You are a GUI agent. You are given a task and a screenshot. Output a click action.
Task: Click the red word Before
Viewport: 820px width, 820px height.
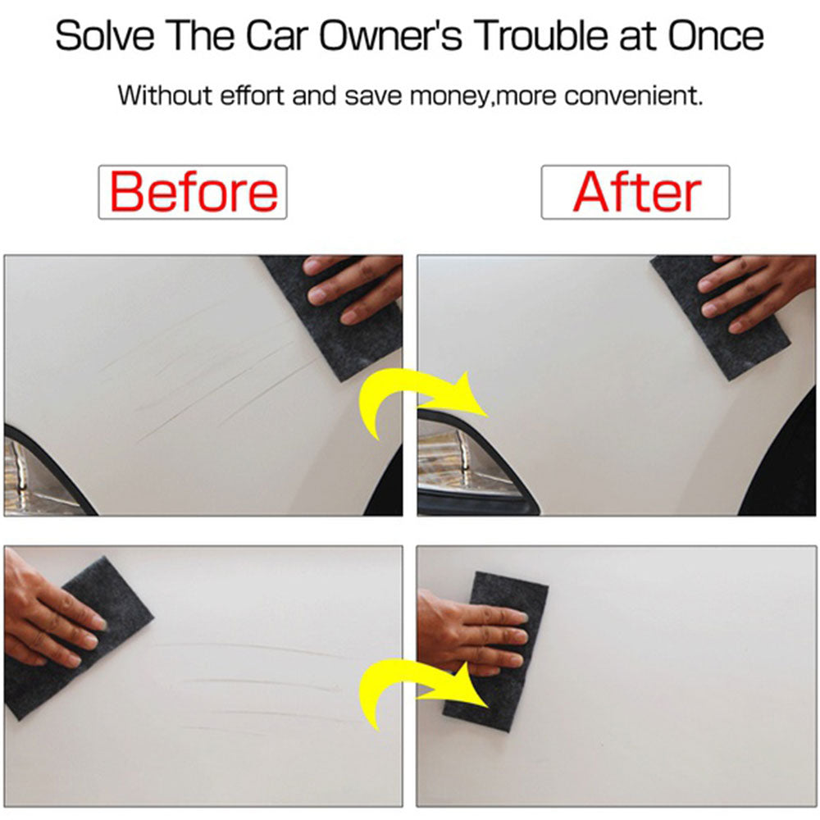click(193, 192)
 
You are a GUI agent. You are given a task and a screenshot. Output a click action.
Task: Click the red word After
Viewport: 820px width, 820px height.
click(635, 192)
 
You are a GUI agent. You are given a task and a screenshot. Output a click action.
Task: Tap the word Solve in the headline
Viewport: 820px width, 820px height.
click(107, 37)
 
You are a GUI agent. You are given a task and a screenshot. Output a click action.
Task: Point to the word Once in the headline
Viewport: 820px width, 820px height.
click(716, 37)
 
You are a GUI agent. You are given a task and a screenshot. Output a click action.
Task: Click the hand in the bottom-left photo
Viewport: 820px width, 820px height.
click(45, 615)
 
